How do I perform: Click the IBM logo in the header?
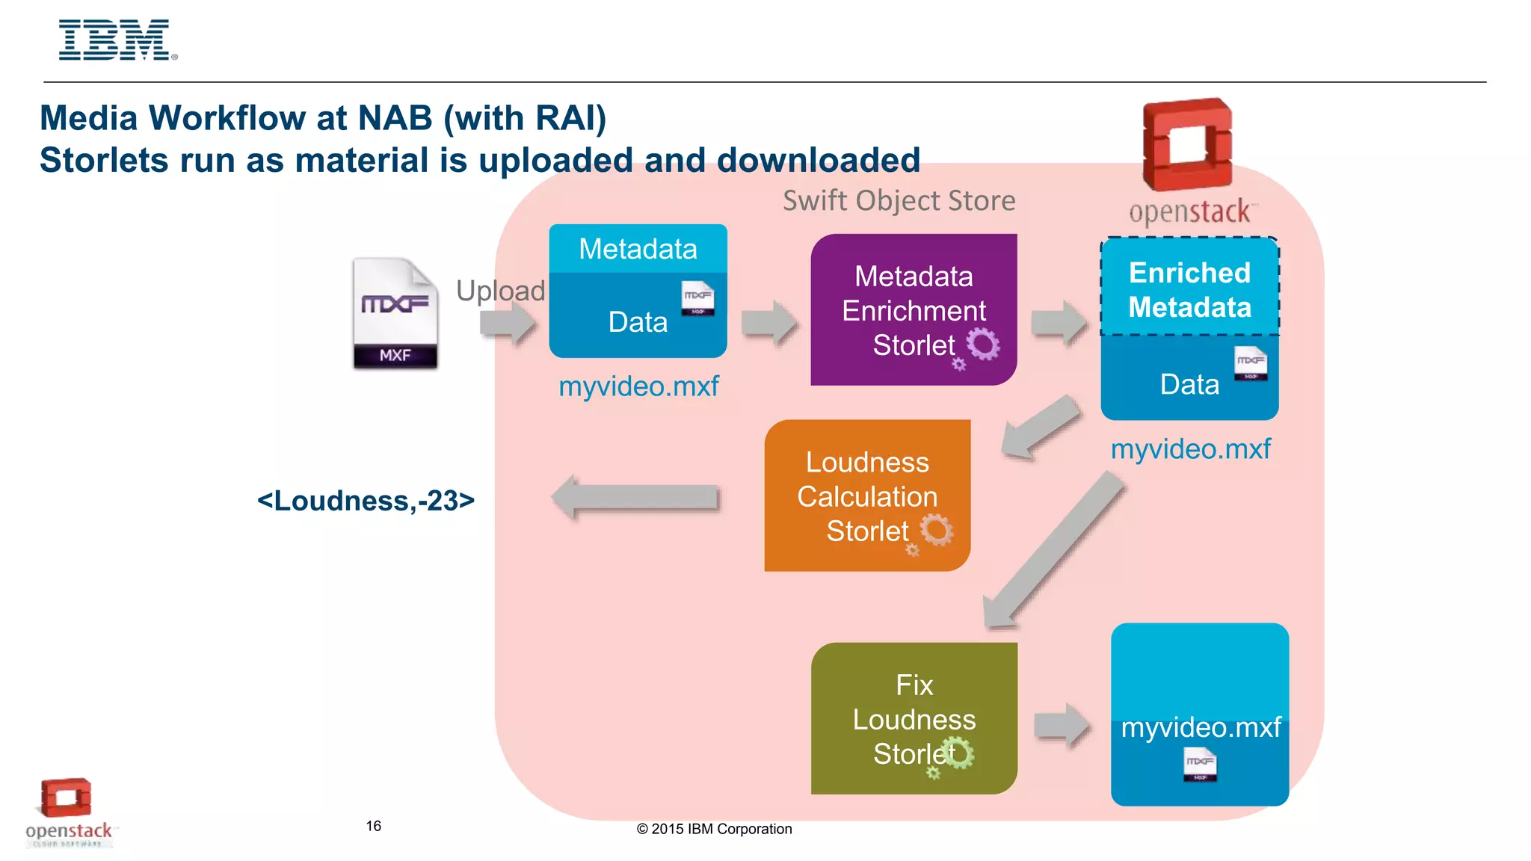point(117,40)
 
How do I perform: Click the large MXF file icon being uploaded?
point(395,314)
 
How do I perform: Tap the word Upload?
point(500,291)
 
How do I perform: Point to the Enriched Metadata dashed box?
point(1189,288)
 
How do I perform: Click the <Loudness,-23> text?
point(366,501)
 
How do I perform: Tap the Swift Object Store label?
point(899,200)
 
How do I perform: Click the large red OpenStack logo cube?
point(1187,143)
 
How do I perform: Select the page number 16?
point(373,826)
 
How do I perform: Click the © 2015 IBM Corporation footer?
point(714,829)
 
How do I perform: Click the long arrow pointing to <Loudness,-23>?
point(635,498)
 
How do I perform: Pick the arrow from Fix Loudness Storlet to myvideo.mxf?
point(1062,725)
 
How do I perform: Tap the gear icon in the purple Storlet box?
point(982,345)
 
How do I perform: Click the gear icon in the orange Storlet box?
point(935,530)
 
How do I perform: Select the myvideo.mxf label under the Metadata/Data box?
point(638,386)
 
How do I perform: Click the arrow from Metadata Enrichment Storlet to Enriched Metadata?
point(1059,323)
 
